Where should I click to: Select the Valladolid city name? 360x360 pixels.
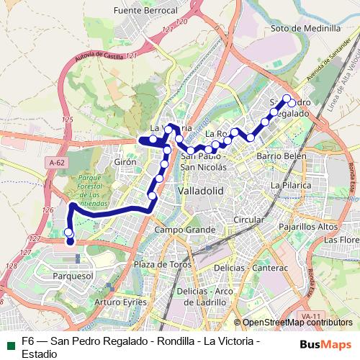point(200,190)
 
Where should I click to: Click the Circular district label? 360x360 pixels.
point(249,219)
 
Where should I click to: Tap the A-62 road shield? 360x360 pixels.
point(58,164)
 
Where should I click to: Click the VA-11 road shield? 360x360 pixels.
point(311,316)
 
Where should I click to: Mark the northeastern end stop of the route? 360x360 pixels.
point(287,99)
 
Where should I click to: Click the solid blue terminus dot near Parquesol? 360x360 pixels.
point(71,242)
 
